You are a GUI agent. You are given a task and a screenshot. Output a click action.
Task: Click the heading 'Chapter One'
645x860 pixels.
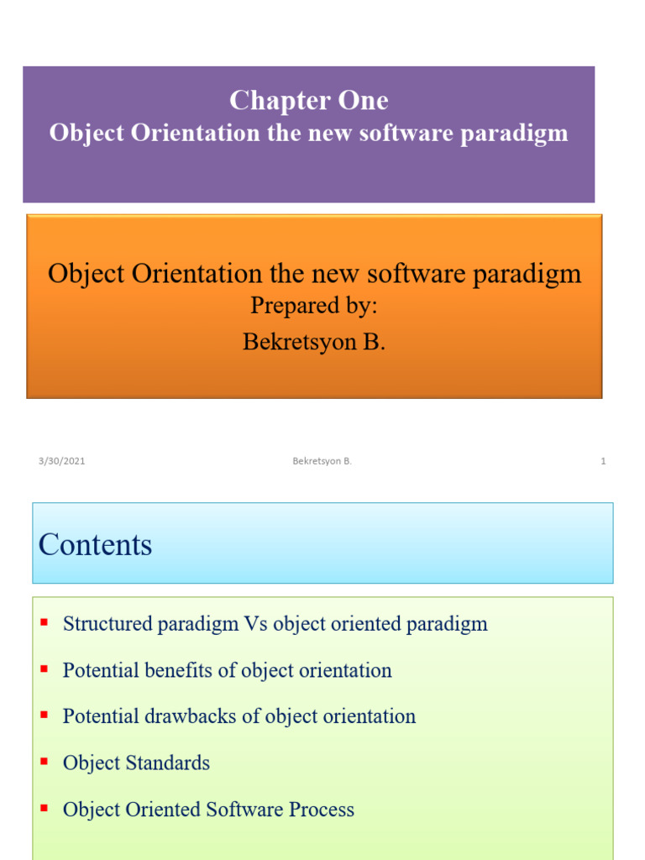pos(308,101)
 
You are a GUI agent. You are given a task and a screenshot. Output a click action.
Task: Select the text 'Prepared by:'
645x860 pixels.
pos(314,306)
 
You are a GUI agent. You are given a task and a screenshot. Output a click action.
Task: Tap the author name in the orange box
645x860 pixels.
pos(314,343)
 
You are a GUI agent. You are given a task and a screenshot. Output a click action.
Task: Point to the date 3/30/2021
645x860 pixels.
pos(61,461)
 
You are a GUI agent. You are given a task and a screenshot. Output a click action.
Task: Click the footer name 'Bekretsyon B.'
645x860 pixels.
pos(322,461)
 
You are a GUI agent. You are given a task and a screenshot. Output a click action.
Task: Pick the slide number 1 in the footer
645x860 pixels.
pos(603,461)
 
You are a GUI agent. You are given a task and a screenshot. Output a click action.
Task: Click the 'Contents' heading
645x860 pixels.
pos(95,545)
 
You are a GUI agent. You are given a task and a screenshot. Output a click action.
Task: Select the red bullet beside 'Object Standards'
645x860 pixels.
pos(44,762)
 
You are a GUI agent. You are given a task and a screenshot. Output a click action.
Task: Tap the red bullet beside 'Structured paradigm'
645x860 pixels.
pos(44,623)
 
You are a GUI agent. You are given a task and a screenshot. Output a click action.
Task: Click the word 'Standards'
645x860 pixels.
pos(167,763)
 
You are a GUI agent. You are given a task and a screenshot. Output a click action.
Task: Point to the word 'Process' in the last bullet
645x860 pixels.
pos(322,809)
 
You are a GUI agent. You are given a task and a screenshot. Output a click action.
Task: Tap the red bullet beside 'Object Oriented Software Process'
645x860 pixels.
pos(44,808)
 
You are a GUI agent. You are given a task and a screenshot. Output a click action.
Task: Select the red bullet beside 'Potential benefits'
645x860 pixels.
pos(44,669)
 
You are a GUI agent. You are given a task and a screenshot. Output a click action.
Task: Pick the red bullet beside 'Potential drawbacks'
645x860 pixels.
pos(44,716)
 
